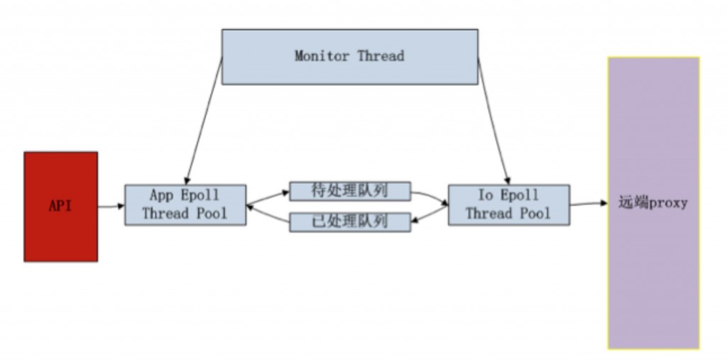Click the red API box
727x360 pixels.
click(60, 207)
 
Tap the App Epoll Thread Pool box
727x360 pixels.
click(185, 205)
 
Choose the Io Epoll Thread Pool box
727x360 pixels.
click(508, 205)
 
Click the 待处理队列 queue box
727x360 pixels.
click(350, 191)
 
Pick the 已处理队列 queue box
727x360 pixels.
click(350, 222)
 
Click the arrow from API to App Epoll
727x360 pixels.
click(111, 207)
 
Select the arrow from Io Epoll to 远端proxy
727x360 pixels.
click(589, 204)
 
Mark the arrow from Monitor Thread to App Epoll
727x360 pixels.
click(204, 121)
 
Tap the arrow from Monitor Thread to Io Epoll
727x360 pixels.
click(493, 121)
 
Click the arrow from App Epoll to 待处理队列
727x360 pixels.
click(268, 195)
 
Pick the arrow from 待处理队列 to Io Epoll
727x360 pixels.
click(430, 196)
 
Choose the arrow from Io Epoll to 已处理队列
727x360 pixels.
click(430, 216)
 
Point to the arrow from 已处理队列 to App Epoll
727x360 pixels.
click(268, 216)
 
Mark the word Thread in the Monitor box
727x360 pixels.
click(381, 56)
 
